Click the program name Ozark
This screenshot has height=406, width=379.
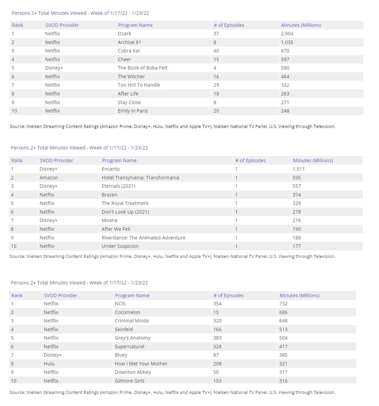[x=124, y=34]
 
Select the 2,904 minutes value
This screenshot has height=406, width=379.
[x=287, y=34]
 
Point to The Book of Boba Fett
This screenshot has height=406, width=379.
[x=142, y=68]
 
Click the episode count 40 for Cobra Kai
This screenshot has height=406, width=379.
[x=216, y=51]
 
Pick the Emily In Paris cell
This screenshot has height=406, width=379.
[x=133, y=111]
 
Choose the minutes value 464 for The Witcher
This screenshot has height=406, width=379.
[x=285, y=77]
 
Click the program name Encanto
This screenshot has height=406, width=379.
[x=111, y=169]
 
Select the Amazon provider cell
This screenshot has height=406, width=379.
[x=49, y=178]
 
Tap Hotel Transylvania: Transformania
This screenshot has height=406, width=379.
[x=140, y=178]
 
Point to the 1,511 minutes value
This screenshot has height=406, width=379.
[x=298, y=169]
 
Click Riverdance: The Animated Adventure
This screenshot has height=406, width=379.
[x=143, y=238]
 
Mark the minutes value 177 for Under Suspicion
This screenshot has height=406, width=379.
[x=297, y=246]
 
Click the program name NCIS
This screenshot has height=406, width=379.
[x=120, y=304]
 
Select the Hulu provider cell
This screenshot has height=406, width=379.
[x=49, y=364]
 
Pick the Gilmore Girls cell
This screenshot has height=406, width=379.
[x=129, y=381]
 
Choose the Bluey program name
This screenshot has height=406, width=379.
[x=121, y=355]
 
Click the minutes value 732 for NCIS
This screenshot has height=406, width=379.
[x=283, y=304]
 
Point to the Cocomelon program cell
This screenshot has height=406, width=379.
[x=127, y=312]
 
